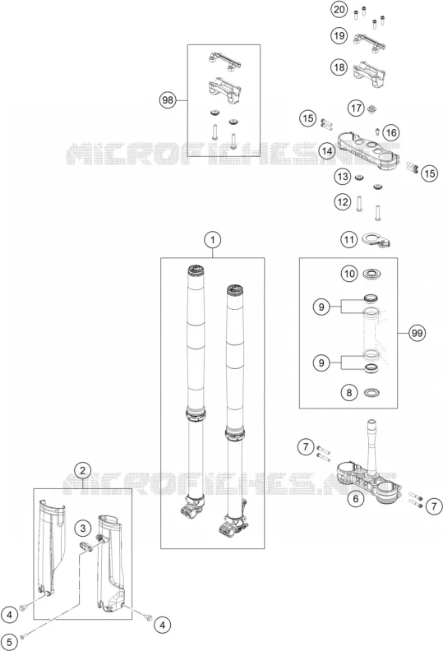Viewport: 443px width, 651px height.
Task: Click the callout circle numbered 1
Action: pos(213,239)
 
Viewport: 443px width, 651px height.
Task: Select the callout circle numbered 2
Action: pos(83,470)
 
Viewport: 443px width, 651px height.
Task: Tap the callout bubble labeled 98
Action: pos(168,100)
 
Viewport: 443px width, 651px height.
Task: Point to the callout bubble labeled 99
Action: pos(417,333)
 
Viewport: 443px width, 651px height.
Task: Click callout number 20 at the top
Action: pos(339,10)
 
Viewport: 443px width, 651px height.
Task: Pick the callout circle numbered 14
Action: pos(327,150)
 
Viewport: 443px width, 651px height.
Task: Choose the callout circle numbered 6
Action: pos(355,498)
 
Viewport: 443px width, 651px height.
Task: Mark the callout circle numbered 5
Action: pos(10,642)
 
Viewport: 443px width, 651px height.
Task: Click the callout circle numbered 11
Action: pos(349,239)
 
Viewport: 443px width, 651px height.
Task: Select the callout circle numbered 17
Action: pos(356,108)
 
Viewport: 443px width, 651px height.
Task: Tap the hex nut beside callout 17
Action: pos(371,109)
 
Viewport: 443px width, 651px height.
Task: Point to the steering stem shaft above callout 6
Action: pos(371,444)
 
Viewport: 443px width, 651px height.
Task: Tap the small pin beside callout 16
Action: pos(377,132)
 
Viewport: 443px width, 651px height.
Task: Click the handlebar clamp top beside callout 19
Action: pos(369,43)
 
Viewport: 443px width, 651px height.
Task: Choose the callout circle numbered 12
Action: pos(343,202)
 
